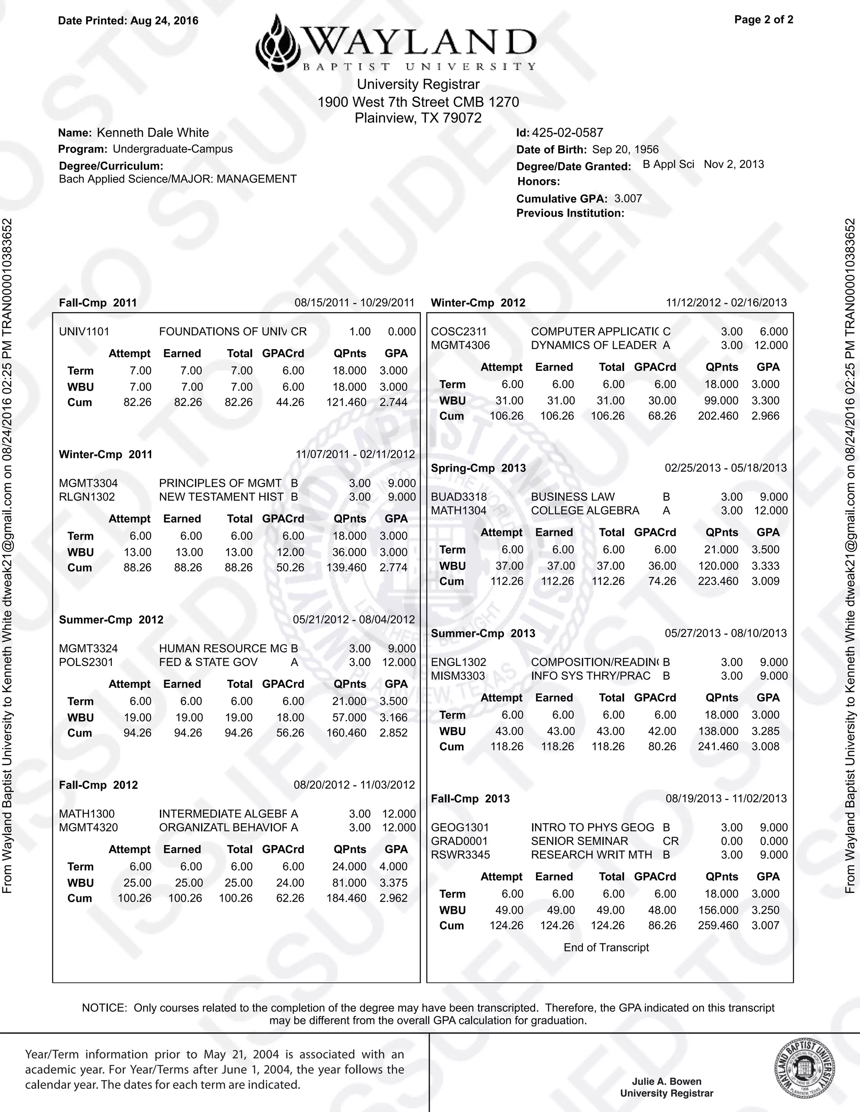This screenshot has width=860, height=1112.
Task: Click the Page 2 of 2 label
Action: click(763, 20)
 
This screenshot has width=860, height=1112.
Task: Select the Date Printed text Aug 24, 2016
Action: click(164, 21)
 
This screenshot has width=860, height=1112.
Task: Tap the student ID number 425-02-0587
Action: click(567, 133)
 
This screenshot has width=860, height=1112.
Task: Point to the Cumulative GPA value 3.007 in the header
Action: click(628, 198)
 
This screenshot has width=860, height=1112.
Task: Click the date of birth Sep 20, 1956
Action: click(625, 150)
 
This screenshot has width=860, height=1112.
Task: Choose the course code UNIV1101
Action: click(84, 332)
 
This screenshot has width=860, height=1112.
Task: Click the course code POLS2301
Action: click(86, 663)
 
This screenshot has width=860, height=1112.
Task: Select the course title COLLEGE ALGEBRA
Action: click(585, 511)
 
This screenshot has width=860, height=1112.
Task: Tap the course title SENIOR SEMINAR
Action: click(579, 841)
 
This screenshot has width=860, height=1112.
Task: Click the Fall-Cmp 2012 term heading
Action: click(98, 785)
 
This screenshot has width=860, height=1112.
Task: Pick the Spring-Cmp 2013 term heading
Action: click(478, 468)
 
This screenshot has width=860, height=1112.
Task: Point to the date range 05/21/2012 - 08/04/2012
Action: click(354, 620)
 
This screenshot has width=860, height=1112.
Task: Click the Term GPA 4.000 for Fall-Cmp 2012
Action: click(393, 867)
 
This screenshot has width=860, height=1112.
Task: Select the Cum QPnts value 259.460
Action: click(718, 925)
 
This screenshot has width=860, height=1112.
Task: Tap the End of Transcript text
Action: click(606, 948)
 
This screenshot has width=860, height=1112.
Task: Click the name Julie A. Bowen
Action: click(666, 1081)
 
